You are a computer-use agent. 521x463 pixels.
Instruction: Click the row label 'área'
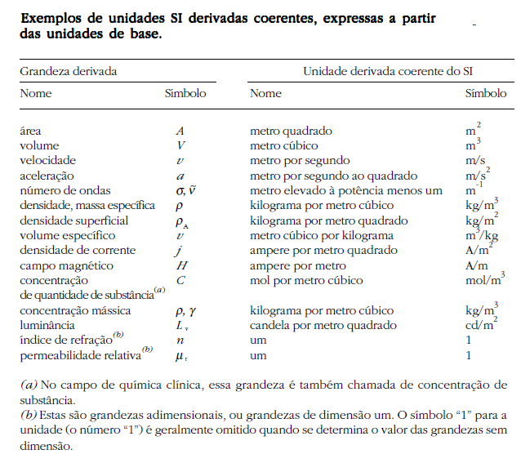click(x=31, y=131)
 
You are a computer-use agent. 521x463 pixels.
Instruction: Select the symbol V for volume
click(x=180, y=145)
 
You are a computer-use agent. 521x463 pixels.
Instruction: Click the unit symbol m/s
click(x=475, y=161)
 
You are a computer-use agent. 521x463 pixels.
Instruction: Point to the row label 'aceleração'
click(x=47, y=176)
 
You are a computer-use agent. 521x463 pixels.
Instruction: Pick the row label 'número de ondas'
click(x=61, y=190)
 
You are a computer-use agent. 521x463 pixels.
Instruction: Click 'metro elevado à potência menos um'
click(x=345, y=190)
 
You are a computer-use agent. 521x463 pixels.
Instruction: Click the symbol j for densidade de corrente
click(x=180, y=251)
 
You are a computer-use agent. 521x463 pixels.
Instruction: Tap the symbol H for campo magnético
click(x=180, y=265)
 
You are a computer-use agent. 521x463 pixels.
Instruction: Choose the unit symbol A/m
click(x=477, y=265)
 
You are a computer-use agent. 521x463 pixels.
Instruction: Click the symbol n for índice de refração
click(x=180, y=341)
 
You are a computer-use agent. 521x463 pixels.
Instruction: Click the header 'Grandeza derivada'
click(x=68, y=71)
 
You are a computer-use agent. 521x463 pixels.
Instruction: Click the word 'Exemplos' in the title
click(x=51, y=18)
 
